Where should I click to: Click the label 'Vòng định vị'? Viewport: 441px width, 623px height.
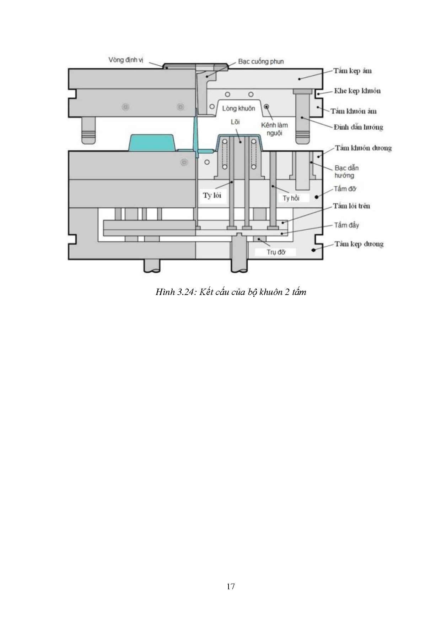(126, 60)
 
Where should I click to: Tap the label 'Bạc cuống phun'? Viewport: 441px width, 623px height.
(261, 61)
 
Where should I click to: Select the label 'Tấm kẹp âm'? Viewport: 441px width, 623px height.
(352, 71)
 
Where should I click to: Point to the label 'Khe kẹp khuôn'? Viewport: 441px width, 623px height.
(357, 91)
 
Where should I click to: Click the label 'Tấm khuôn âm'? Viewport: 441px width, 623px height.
(353, 111)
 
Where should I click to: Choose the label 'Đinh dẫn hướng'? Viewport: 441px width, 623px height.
(358, 127)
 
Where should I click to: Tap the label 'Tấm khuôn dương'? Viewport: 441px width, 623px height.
(363, 148)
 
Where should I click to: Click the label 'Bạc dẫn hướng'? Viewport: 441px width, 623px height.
(346, 171)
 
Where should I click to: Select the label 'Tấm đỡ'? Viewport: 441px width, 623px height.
(345, 189)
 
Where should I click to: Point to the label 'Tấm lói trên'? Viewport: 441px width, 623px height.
(351, 206)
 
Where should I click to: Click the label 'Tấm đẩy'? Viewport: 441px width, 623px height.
(346, 225)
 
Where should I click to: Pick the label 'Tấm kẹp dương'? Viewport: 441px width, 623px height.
(359, 244)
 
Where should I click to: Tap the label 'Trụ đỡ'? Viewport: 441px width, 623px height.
(276, 252)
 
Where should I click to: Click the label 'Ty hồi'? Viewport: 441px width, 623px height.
(291, 198)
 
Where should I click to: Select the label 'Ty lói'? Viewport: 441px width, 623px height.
(212, 195)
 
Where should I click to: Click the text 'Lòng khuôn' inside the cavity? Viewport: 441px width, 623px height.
(238, 108)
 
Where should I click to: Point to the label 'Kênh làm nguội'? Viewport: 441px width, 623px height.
(274, 129)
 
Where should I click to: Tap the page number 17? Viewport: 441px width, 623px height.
(231, 586)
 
